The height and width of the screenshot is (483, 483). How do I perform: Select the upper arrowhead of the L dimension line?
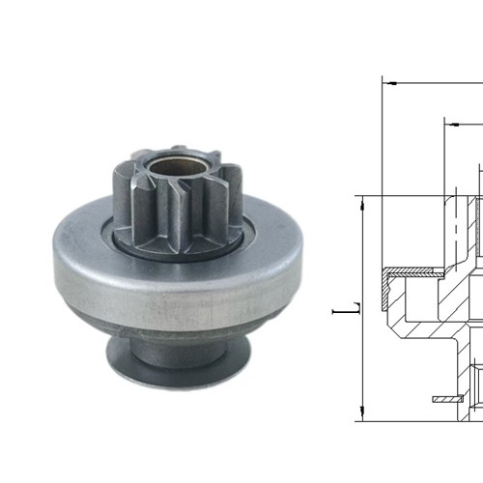tap(359, 200)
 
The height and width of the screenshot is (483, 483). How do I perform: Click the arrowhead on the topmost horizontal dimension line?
tap(387, 83)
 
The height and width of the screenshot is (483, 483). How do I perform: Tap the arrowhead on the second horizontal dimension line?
tap(449, 123)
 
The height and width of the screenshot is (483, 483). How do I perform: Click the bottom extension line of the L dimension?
tap(406, 420)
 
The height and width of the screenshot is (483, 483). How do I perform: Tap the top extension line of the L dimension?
tap(406, 194)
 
